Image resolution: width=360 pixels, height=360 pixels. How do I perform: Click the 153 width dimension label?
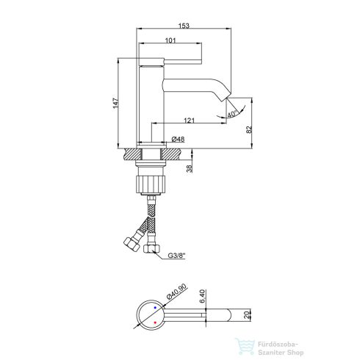(184, 26)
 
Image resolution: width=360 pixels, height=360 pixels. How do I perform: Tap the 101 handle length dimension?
(170, 40)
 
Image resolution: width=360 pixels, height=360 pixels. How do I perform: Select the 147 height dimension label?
(115, 103)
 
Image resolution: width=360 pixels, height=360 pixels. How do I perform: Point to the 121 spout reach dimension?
(189, 120)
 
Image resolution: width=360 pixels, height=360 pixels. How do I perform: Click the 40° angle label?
(232, 114)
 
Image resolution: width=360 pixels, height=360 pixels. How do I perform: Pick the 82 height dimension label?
(249, 129)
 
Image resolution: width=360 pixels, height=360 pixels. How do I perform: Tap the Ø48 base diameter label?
(178, 140)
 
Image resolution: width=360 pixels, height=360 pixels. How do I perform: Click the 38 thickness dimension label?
(190, 169)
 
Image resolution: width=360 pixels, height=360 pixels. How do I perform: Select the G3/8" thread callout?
(176, 256)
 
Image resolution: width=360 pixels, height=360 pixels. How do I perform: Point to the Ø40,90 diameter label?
(176, 292)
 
